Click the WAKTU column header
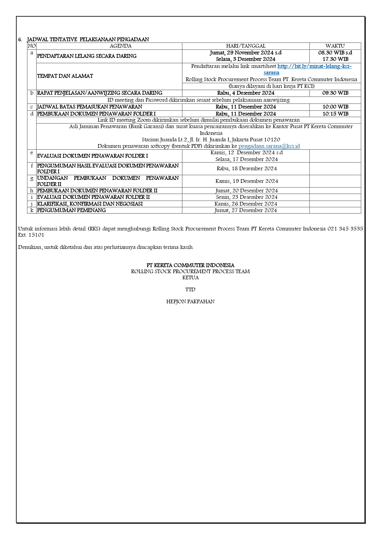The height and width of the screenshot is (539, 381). [x=335, y=46]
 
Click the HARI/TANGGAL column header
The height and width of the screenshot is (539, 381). [x=246, y=46]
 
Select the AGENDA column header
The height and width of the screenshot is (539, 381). [x=121, y=46]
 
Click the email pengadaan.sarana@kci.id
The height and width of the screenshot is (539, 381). [x=269, y=146]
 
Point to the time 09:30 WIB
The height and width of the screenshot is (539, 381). [x=335, y=93]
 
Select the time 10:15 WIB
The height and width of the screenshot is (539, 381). [x=335, y=114]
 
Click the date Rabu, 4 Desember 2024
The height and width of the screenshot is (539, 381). [x=246, y=93]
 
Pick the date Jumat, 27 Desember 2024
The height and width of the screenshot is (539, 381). [x=246, y=210]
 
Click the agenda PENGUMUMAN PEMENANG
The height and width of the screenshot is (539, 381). [x=72, y=210]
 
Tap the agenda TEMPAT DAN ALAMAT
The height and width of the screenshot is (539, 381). [x=65, y=76]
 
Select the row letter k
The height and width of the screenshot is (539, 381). [x=32, y=210]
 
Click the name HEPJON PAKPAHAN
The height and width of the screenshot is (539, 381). [x=190, y=302]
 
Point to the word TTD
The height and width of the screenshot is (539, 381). [x=190, y=289]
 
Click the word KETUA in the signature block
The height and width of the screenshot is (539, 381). [x=190, y=277]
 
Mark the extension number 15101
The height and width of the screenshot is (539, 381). [x=36, y=235]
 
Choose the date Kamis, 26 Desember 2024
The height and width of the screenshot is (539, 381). [x=246, y=204]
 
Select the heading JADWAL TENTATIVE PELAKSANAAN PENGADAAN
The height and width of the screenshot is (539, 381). [x=88, y=40]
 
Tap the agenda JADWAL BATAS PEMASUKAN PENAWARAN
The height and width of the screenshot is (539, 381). [x=90, y=107]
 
